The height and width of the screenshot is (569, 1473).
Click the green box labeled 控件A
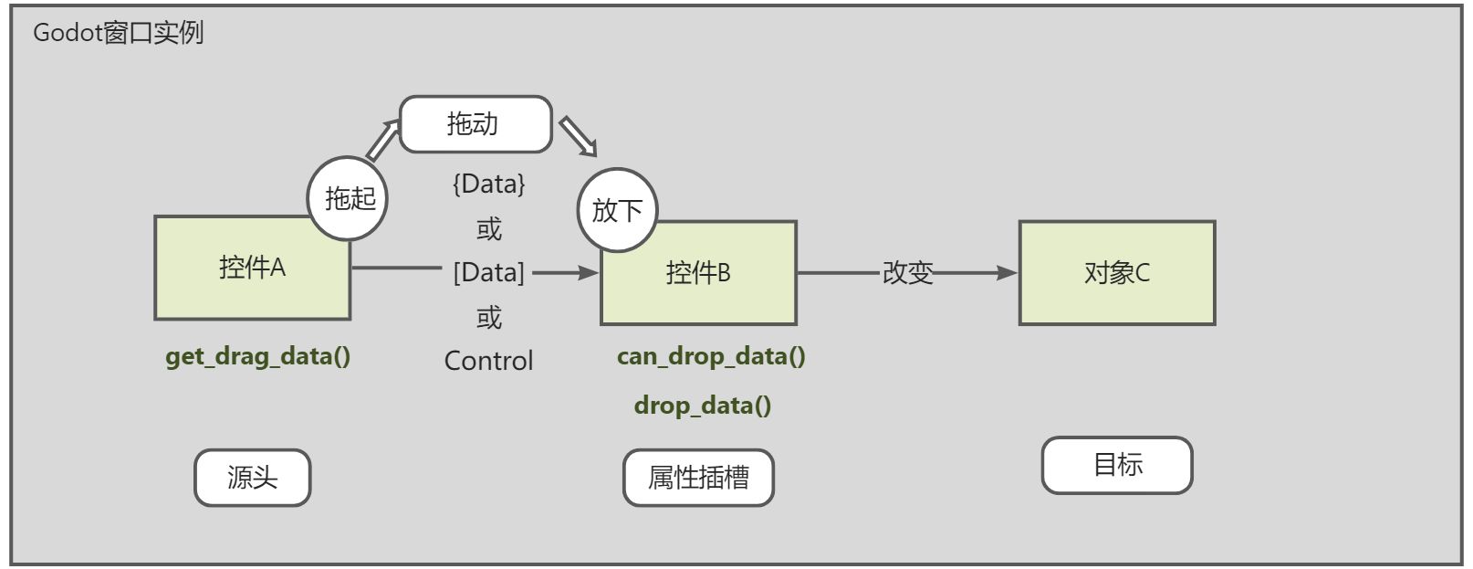tap(252, 268)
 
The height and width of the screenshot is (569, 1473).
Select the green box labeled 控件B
tap(698, 273)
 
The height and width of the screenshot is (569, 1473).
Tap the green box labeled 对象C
tap(1117, 273)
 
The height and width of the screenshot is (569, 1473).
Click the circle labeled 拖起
tap(348, 198)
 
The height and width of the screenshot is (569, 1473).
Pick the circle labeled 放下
tap(617, 210)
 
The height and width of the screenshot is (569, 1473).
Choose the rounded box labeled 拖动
tap(475, 124)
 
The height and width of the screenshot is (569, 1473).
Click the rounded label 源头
tap(252, 478)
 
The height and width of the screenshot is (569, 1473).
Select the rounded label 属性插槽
tap(698, 478)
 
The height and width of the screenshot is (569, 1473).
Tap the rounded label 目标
tap(1117, 465)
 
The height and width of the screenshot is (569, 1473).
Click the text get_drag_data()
tap(257, 356)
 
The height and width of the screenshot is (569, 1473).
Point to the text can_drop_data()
tap(711, 356)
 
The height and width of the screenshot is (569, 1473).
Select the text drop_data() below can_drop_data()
tap(703, 406)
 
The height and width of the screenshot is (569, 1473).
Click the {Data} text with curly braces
tap(489, 184)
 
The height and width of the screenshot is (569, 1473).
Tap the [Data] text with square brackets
tap(489, 272)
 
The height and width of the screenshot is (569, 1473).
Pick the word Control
tap(489, 361)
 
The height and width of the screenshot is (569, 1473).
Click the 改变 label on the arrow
tap(907, 272)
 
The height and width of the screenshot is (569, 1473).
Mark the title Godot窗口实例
tap(118, 33)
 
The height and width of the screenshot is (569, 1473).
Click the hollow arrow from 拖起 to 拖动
tap(383, 139)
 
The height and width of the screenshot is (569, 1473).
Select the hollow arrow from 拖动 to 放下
tap(578, 136)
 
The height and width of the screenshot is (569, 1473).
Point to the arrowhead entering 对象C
tap(1007, 272)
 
